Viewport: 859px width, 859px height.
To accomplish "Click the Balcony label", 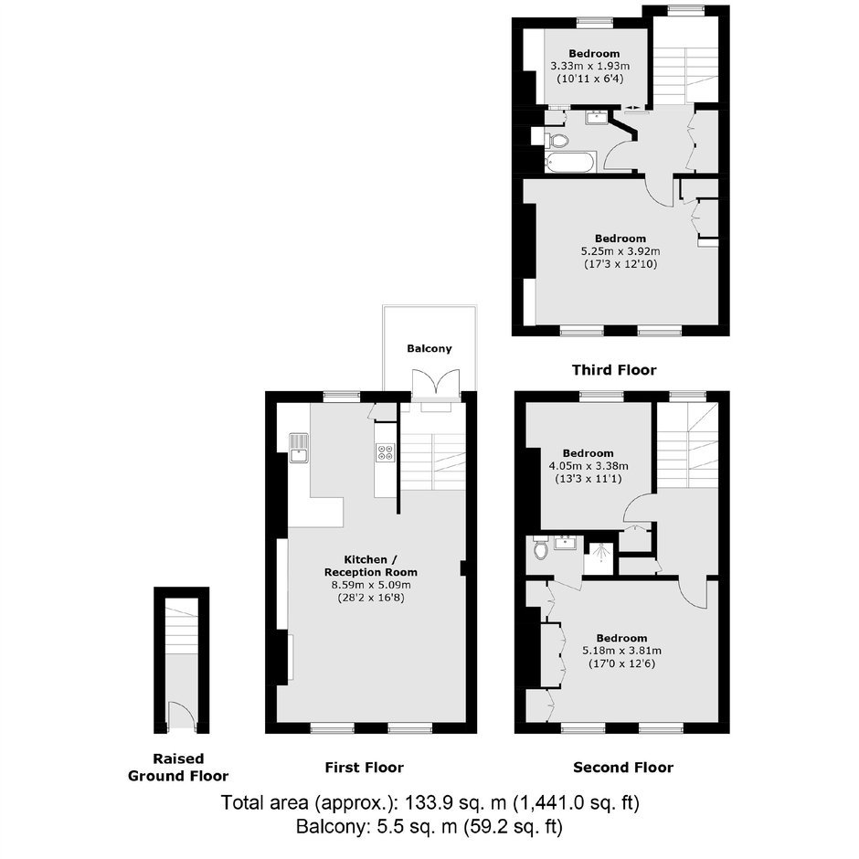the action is click(x=429, y=348).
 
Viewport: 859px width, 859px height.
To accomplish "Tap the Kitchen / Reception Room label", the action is click(x=371, y=566).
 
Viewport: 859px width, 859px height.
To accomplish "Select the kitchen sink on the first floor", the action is click(x=299, y=448).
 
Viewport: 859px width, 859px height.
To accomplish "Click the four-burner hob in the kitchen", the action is click(x=385, y=451).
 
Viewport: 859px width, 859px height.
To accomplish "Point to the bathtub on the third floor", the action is click(x=569, y=163).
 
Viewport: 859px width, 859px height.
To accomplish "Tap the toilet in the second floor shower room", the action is click(x=541, y=547).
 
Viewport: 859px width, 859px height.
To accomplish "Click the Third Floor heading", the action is click(x=614, y=370).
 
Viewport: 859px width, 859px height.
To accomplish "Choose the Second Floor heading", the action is click(x=623, y=767).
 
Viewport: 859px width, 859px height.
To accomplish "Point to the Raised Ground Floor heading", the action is click(x=178, y=767).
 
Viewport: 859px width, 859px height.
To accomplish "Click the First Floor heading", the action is click(x=364, y=767).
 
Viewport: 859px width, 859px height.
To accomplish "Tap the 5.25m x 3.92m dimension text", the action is click(x=620, y=251).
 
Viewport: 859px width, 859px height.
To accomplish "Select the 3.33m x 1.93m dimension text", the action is click(x=590, y=67).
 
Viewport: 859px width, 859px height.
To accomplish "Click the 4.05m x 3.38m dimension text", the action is click(x=589, y=466).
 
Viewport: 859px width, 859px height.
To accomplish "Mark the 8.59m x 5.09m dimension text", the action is click(x=371, y=585).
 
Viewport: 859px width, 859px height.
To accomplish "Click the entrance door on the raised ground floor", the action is click(x=181, y=716).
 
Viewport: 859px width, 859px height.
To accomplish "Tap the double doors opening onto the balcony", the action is click(x=436, y=382).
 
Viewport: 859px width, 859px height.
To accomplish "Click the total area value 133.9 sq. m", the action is click(x=456, y=803).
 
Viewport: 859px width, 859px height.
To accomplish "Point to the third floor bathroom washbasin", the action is click(x=596, y=117).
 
